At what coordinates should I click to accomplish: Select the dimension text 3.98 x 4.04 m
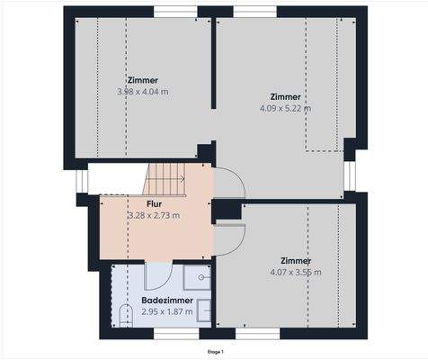point(143,92)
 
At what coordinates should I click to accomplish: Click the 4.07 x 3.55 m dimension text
point(295,272)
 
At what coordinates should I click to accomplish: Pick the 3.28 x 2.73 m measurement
point(154,216)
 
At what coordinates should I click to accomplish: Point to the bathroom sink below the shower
point(203,310)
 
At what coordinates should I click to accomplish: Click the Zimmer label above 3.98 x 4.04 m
point(143,80)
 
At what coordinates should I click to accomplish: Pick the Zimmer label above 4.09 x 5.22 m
point(285,96)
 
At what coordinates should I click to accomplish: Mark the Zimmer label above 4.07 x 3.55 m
point(295,261)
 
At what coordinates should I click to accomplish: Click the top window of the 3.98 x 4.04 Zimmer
point(175,11)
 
